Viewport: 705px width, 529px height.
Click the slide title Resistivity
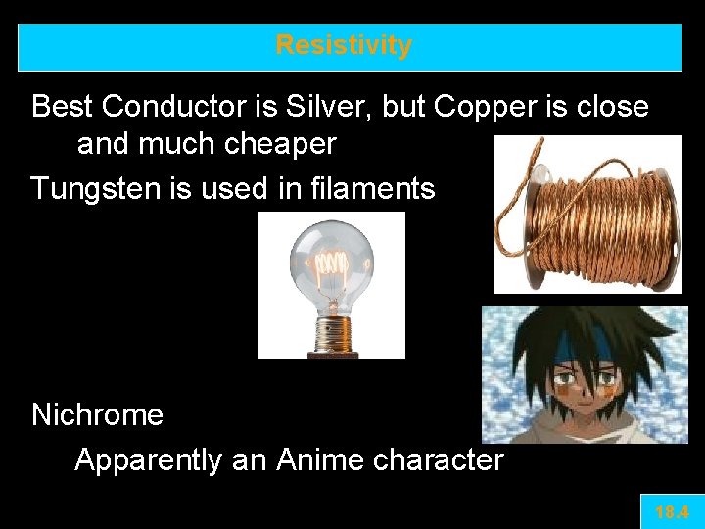coord(344,46)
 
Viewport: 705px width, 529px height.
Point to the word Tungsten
coord(96,187)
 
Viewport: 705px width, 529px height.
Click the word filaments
coord(371,187)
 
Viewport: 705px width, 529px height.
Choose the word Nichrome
coord(97,414)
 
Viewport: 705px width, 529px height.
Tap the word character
coord(438,458)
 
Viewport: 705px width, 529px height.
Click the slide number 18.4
coord(672,511)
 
